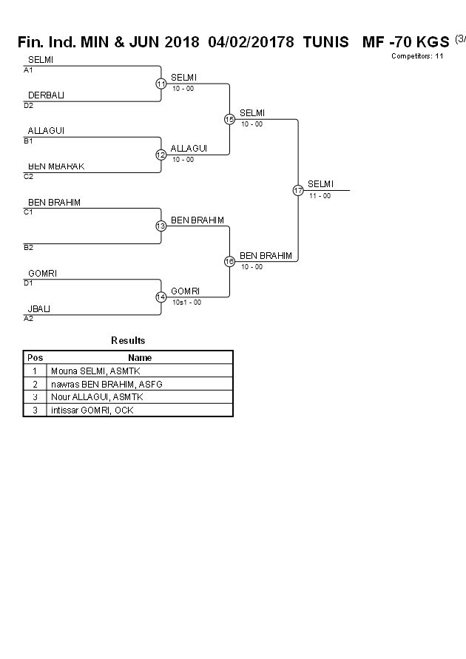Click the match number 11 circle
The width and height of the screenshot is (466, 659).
[161, 84]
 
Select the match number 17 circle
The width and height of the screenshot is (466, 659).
[298, 191]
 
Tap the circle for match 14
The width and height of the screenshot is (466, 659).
[161, 297]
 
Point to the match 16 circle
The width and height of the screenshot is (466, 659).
[229, 262]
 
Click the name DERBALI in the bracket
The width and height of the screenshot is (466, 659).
[43, 95]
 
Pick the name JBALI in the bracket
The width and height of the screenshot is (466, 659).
[39, 309]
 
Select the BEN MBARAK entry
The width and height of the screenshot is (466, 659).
[56, 166]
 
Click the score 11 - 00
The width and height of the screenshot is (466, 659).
[320, 196]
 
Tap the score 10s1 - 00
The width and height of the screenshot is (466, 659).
[186, 303]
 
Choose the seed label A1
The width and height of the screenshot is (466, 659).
[28, 70]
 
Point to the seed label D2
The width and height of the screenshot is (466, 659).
[28, 105]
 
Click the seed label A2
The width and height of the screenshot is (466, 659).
[28, 319]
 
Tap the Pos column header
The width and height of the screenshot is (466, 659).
[35, 358]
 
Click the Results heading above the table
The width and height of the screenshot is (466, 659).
[128, 341]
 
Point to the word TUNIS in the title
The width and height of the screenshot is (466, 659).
[325, 42]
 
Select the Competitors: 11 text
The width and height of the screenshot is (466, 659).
[417, 56]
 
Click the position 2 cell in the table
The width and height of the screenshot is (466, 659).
[35, 385]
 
